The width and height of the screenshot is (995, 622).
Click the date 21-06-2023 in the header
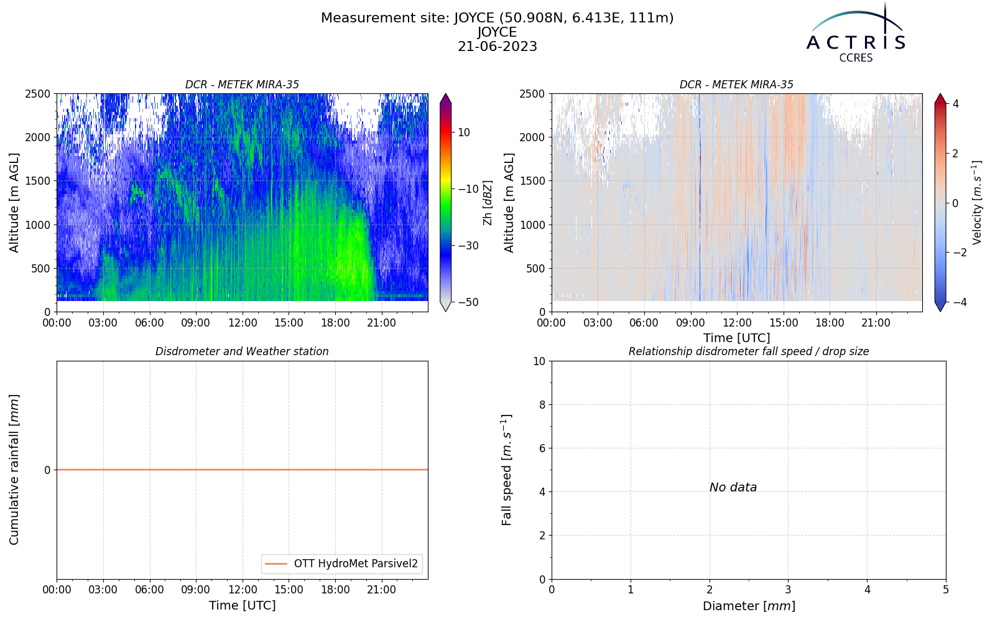pos(497,46)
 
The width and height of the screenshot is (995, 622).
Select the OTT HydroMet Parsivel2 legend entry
pos(341,564)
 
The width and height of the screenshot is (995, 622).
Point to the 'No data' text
pos(733,488)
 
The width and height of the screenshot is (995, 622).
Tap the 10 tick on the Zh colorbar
pos(464,132)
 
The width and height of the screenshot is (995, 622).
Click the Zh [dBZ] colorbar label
pos(488,203)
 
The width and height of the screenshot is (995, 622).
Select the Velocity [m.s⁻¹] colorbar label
pos(976,203)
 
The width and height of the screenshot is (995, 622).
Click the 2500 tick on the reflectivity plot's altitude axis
pos(38,94)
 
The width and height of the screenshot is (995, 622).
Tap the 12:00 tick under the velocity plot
pos(737,323)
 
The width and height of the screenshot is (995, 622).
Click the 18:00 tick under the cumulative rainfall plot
pos(335,590)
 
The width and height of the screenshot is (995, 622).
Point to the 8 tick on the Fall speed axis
pos(542,405)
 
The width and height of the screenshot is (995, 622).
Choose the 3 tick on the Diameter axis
pos(789,590)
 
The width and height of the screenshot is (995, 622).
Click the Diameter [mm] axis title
pos(749,606)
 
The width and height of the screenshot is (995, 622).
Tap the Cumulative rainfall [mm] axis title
pos(14,470)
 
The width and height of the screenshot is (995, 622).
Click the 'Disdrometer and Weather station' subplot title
pos(242,351)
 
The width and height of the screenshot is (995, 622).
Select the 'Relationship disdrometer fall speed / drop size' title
pos(749,351)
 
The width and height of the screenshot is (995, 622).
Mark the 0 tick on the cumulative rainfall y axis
pos(47,470)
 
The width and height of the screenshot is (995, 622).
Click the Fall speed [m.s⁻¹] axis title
pos(506,470)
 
